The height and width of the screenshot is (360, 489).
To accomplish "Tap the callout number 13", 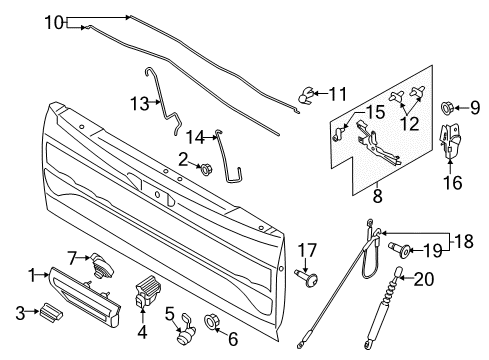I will tap(140, 102).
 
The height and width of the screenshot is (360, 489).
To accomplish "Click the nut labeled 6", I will tap(212, 322).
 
